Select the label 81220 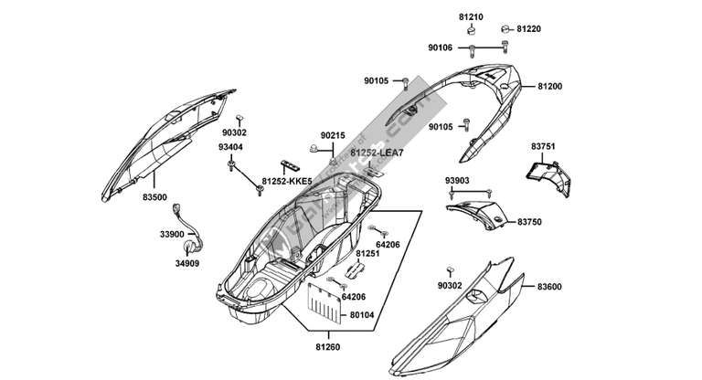(528, 29)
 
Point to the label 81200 (550, 87)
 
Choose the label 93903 (458, 180)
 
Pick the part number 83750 (529, 222)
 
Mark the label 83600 (549, 287)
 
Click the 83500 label (154, 196)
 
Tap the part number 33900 (172, 235)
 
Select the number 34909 (187, 264)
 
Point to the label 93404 (230, 147)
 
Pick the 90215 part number (333, 134)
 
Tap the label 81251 (368, 253)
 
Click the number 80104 (362, 314)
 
